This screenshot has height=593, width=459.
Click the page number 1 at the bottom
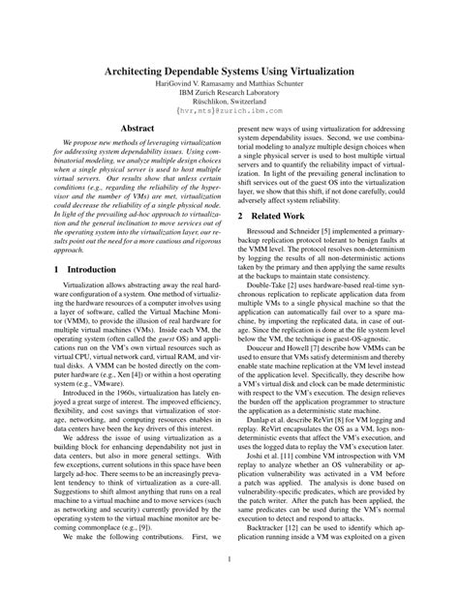pyautogui.click(x=229, y=560)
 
